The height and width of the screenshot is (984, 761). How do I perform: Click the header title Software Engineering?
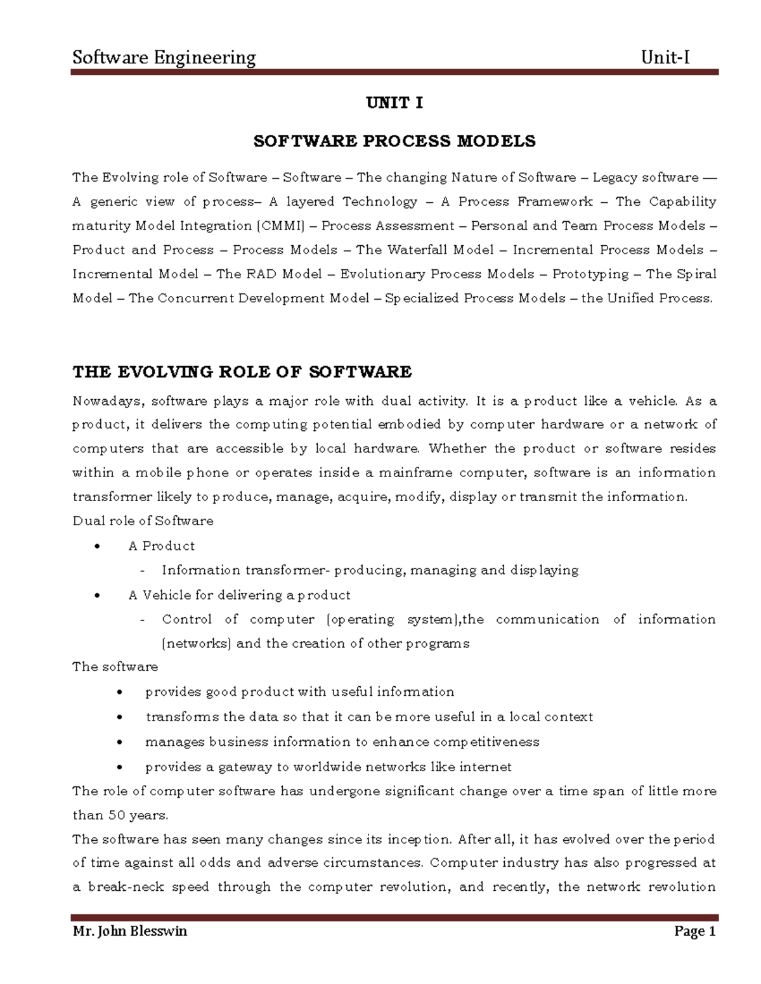pyautogui.click(x=164, y=58)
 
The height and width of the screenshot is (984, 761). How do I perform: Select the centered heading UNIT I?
pyautogui.click(x=394, y=103)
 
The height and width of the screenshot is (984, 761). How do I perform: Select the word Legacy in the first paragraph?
pyautogui.click(x=615, y=177)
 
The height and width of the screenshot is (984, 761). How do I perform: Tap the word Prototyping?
pyautogui.click(x=590, y=274)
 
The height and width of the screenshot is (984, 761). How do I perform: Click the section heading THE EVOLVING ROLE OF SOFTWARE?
pyautogui.click(x=242, y=371)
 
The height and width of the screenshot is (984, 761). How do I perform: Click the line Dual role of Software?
pyautogui.click(x=143, y=521)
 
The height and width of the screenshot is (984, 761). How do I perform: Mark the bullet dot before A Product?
pyautogui.click(x=96, y=546)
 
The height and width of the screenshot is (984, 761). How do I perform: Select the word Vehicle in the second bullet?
pyautogui.click(x=166, y=595)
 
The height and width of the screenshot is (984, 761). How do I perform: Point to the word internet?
pyautogui.click(x=485, y=767)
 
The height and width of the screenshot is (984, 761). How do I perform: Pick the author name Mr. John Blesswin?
pyautogui.click(x=129, y=931)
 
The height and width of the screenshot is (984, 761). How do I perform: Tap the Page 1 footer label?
pyautogui.click(x=694, y=931)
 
